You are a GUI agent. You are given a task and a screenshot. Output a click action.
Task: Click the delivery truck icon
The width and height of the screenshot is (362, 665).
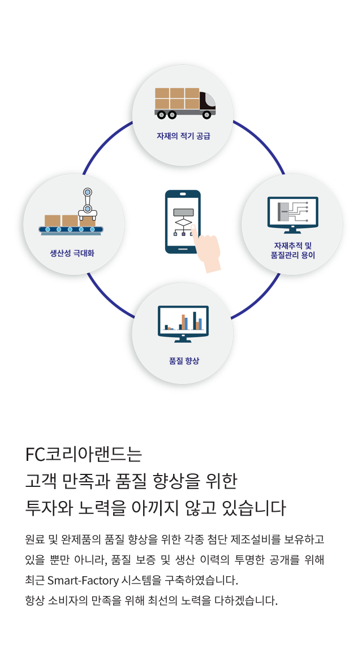click(x=185, y=103)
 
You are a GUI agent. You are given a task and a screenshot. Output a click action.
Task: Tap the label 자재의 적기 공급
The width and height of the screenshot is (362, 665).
click(x=183, y=136)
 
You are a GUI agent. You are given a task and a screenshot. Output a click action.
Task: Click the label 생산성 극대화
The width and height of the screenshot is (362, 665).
click(x=72, y=253)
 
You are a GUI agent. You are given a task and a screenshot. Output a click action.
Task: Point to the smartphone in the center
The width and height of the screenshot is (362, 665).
click(x=183, y=222)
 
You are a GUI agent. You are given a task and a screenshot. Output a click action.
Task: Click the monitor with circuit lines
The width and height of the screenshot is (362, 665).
click(x=292, y=215)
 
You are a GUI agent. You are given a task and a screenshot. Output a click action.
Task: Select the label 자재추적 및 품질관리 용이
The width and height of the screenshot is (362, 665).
click(x=293, y=250)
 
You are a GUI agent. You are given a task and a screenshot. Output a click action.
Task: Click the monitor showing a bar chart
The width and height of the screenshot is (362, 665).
click(x=183, y=323)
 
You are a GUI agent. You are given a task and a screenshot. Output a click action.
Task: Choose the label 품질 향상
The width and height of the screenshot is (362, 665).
click(x=184, y=361)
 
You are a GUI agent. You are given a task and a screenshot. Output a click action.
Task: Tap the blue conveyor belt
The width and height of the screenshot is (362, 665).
click(x=71, y=230)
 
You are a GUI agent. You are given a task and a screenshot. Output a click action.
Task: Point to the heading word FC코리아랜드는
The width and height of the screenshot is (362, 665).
click(x=84, y=454)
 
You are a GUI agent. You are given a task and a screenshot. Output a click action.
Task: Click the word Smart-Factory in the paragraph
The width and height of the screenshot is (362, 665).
click(x=83, y=580)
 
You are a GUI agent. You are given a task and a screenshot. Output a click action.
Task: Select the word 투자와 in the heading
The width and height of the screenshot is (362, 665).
click(x=49, y=508)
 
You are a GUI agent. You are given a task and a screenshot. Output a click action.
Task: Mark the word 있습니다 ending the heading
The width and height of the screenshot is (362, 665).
click(x=254, y=508)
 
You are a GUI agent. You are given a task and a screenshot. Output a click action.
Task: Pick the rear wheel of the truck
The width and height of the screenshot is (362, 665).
click(x=161, y=115)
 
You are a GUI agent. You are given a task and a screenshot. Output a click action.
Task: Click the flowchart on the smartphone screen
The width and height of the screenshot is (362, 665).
click(x=183, y=222)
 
